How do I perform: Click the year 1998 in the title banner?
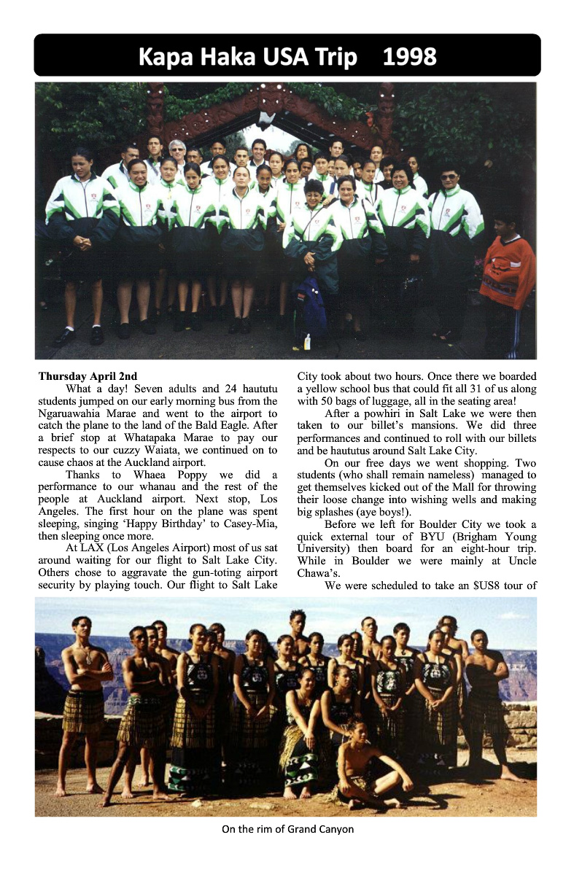(410, 56)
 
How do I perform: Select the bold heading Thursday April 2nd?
(88, 377)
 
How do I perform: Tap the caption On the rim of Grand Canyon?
(287, 829)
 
